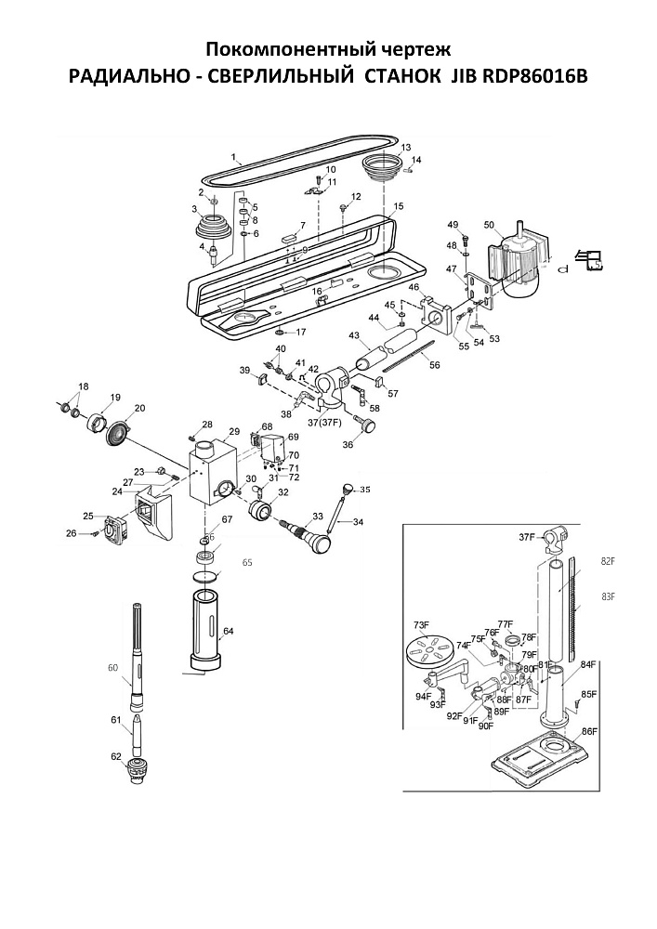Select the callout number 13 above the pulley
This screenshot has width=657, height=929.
(x=405, y=149)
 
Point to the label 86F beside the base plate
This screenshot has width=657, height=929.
(x=588, y=732)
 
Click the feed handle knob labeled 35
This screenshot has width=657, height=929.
(x=350, y=490)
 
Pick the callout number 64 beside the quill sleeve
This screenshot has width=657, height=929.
(x=229, y=632)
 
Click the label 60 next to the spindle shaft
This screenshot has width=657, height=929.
(x=113, y=668)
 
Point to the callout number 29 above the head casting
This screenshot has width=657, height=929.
(x=234, y=432)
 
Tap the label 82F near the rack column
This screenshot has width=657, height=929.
(x=609, y=562)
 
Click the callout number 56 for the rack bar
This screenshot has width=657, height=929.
(x=435, y=365)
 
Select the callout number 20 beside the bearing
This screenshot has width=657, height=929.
(x=140, y=408)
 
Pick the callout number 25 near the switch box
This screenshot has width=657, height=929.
(x=88, y=517)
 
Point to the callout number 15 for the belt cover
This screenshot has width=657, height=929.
(x=399, y=206)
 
